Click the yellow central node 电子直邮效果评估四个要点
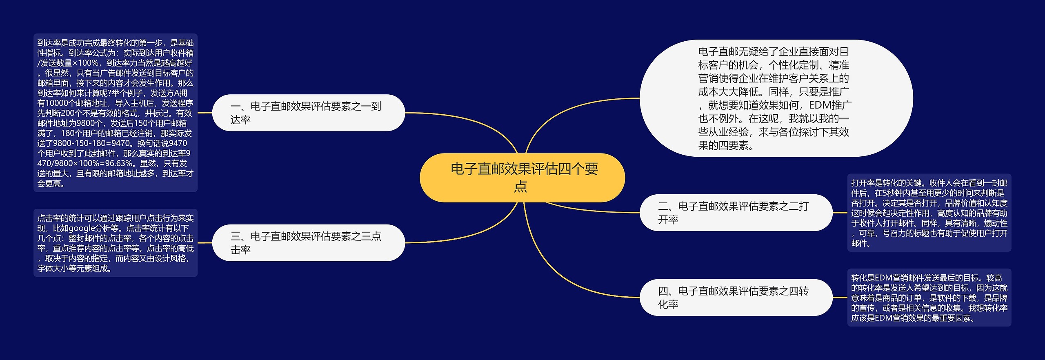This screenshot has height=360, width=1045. point(522,178)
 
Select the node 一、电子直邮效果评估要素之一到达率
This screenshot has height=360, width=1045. point(309,113)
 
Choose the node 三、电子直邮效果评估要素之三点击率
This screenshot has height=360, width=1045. point(309,242)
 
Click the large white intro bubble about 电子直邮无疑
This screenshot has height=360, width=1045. point(776,98)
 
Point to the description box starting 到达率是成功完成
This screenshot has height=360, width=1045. point(115,113)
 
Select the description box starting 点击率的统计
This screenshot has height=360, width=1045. point(115,243)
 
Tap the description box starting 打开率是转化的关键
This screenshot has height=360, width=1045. point(929,213)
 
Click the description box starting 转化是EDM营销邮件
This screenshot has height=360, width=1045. point(929,298)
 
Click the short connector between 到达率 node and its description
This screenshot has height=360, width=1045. point(205,113)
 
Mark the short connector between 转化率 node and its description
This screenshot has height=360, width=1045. point(840,298)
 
